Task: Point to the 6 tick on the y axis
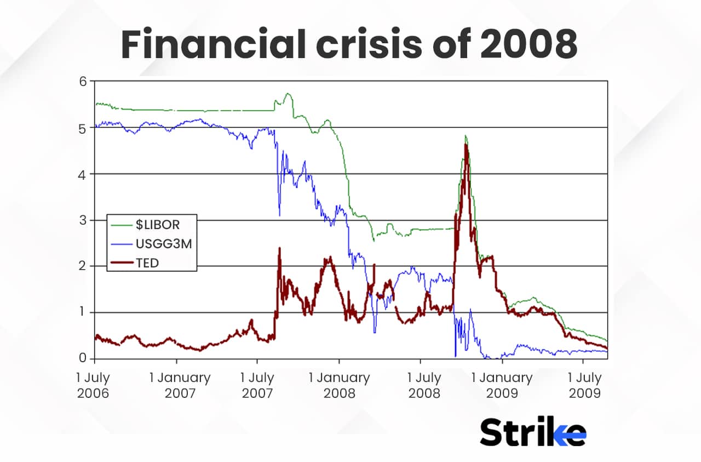click(83, 81)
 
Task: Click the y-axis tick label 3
click(83, 220)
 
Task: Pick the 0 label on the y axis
click(83, 359)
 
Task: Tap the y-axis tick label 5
click(83, 128)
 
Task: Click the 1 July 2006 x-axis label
click(95, 385)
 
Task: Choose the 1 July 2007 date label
click(257, 385)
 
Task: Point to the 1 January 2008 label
click(339, 385)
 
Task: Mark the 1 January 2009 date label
click(502, 385)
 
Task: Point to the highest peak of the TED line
click(466, 144)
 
